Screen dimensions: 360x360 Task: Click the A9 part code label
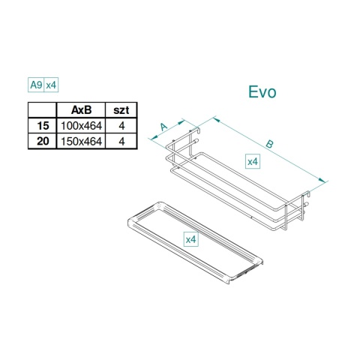tap(36, 85)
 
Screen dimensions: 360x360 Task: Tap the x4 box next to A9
tap(51, 85)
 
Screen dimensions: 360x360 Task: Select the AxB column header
tap(81, 110)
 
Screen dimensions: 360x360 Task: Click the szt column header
tap(121, 110)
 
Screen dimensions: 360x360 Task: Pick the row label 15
tap(43, 125)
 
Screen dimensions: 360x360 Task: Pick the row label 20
tap(43, 141)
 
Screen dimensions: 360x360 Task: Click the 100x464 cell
tap(81, 126)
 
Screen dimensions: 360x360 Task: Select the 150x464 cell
tap(81, 142)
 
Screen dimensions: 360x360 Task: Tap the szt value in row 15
tap(121, 126)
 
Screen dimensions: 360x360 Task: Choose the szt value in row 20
tap(121, 142)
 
